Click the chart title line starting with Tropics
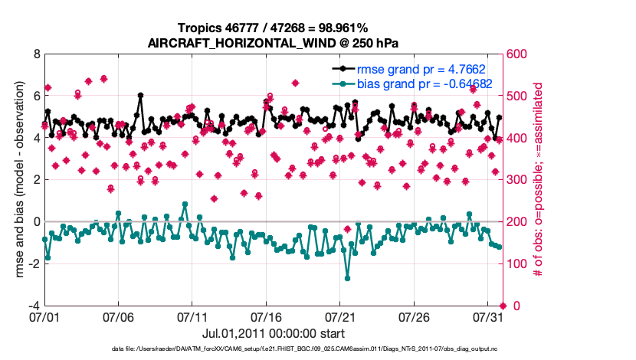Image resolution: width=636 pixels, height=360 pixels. click(x=273, y=28)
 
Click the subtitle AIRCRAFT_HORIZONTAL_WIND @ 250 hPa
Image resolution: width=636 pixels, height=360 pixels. click(x=273, y=43)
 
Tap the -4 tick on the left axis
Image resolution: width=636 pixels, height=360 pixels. click(x=34, y=306)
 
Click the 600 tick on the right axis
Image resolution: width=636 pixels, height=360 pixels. click(x=516, y=54)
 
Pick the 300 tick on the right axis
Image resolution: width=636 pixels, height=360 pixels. click(x=516, y=180)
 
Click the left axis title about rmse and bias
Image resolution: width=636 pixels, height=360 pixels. click(x=18, y=180)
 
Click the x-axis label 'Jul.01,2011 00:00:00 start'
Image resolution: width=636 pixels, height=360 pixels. click(x=273, y=333)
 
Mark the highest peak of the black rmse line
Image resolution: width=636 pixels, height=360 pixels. click(x=140, y=96)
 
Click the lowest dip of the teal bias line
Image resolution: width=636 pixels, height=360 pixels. click(x=347, y=277)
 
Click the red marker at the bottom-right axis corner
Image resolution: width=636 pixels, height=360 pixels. click(x=503, y=306)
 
